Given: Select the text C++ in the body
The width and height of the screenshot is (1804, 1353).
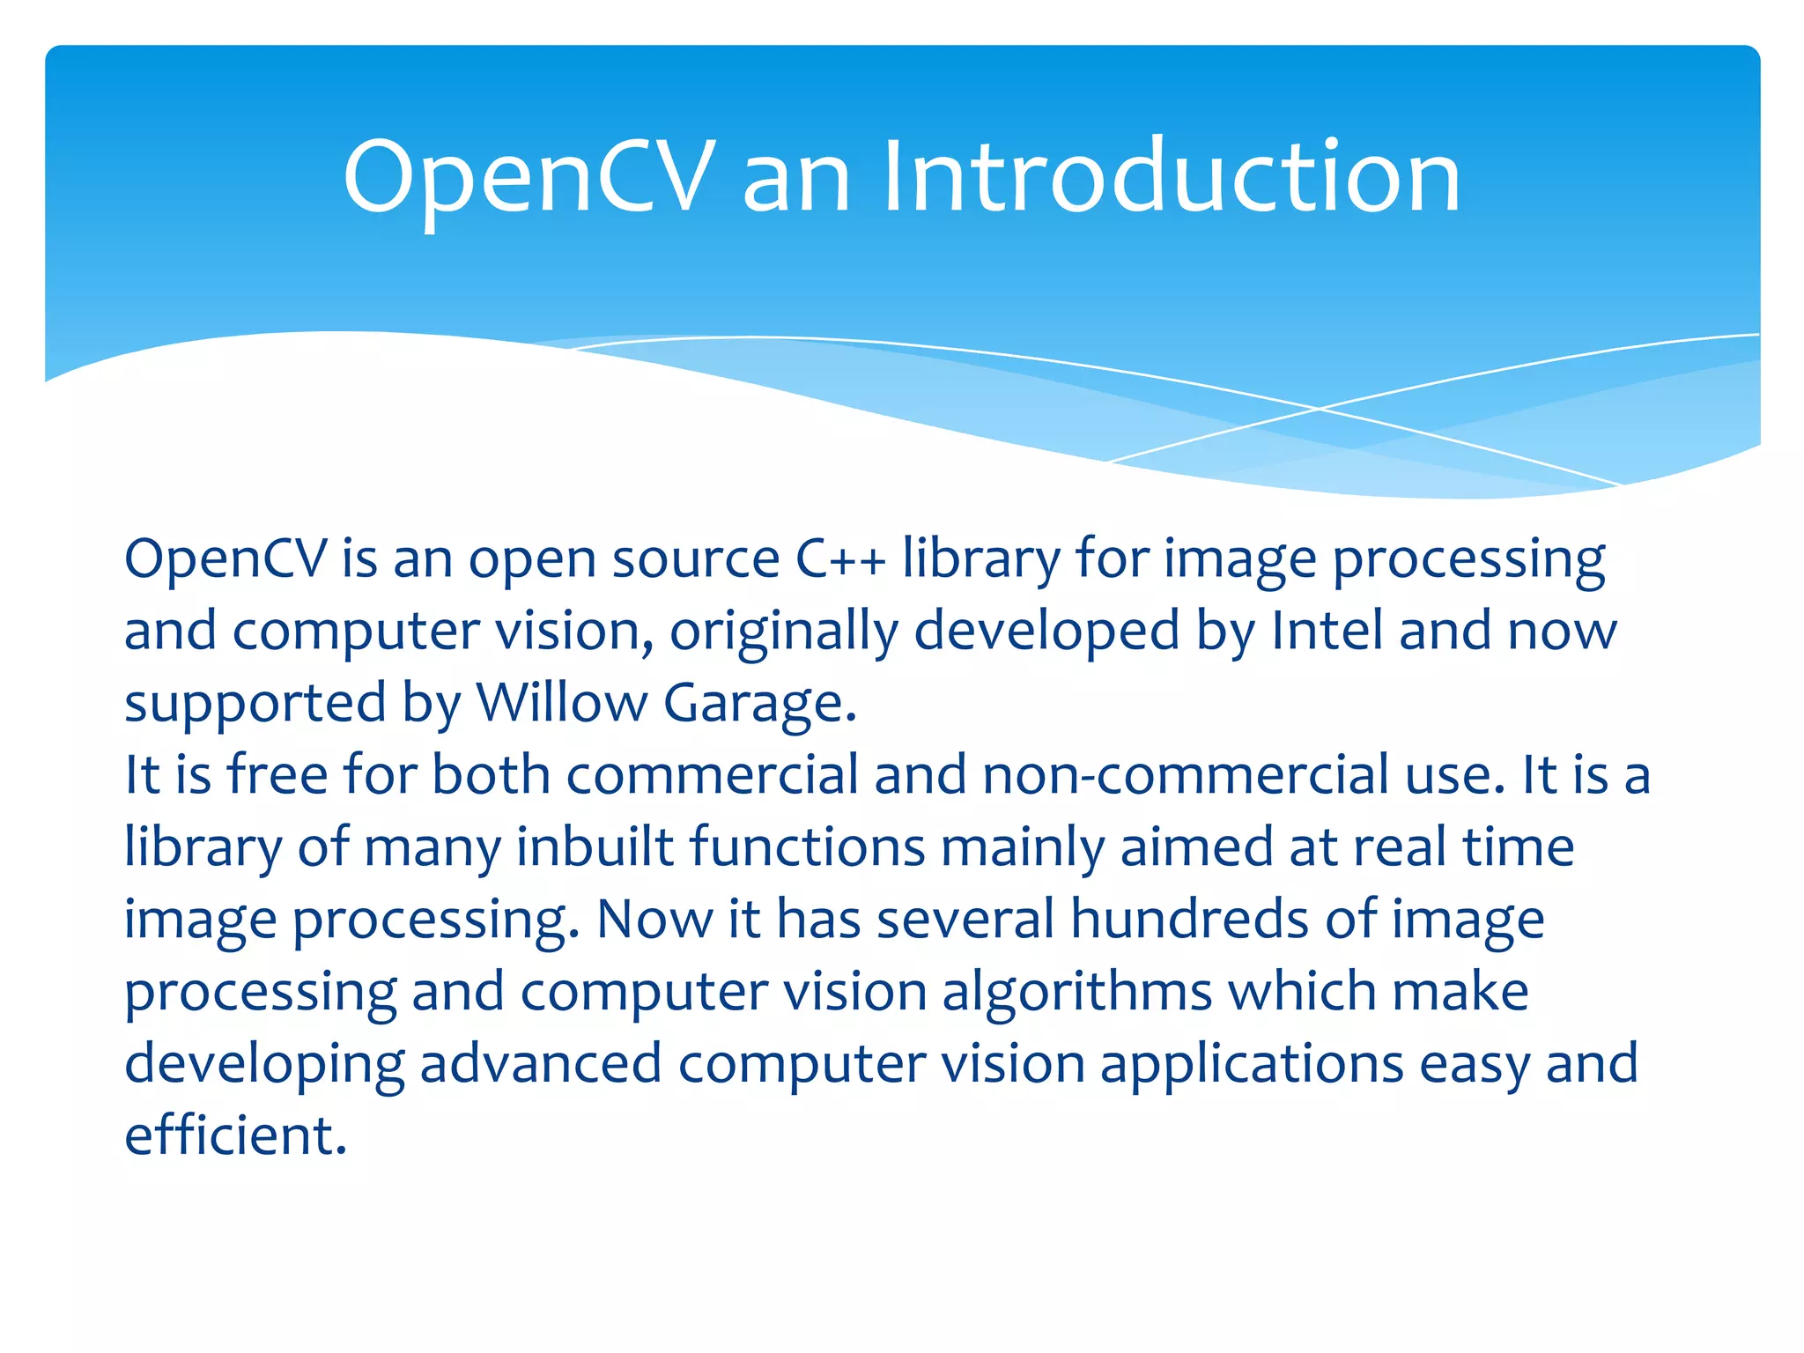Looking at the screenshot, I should [840, 559].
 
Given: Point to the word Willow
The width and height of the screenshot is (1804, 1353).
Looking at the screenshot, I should [562, 704].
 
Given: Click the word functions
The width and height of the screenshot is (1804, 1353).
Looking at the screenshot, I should [807, 847].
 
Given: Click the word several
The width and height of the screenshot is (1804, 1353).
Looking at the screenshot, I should [965, 920].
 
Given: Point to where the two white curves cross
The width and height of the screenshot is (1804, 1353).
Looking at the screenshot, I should [1319, 409].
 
